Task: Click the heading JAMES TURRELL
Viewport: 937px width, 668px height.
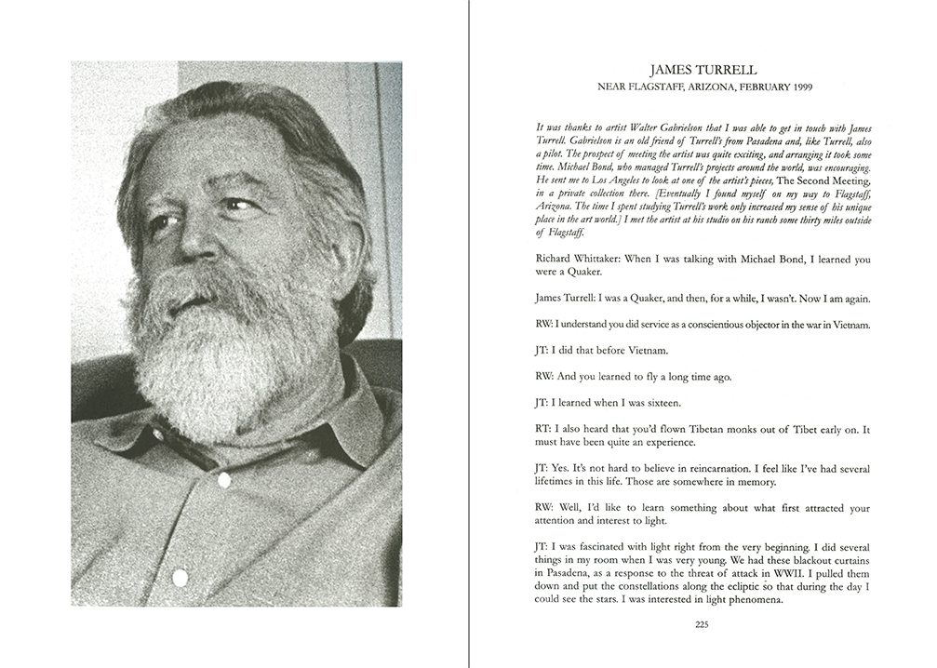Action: pos(703,70)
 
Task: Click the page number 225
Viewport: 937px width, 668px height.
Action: pos(702,624)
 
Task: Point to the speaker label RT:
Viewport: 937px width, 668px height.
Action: pos(544,429)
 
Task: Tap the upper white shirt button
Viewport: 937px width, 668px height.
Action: pos(223,480)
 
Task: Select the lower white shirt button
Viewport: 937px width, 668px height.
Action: pos(180,578)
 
